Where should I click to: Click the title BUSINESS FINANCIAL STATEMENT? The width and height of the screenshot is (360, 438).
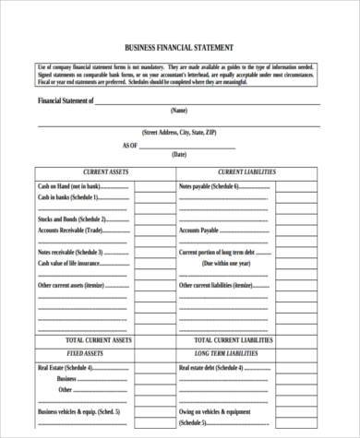coord(179,46)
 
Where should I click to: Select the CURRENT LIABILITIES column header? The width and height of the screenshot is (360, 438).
coord(246,172)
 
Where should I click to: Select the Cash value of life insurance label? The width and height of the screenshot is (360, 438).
coord(69,263)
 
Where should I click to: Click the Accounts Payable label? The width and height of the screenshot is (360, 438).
coord(198,230)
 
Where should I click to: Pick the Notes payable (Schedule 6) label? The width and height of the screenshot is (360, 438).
coord(210,186)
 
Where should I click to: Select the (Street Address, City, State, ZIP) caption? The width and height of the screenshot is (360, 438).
coord(179,133)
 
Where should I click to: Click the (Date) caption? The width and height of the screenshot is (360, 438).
coord(179,156)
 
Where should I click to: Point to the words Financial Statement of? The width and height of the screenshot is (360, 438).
coord(66,101)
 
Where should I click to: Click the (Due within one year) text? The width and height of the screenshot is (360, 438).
coord(220,263)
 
